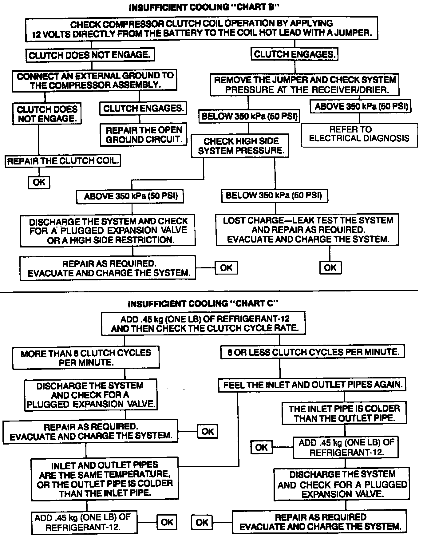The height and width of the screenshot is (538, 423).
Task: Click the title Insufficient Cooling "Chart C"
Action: [203, 304]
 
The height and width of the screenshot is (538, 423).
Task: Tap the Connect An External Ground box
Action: [95, 80]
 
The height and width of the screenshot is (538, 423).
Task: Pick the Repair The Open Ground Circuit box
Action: [144, 135]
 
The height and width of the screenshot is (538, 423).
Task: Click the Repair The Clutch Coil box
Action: [63, 161]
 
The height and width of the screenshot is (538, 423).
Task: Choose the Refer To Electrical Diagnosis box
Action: [359, 134]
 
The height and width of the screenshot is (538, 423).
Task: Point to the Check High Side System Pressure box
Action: [240, 146]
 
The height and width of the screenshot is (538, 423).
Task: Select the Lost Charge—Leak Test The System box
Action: [307, 230]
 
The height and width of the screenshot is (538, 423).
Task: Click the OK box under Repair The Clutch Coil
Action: [39, 182]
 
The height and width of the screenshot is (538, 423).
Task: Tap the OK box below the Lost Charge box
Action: [330, 267]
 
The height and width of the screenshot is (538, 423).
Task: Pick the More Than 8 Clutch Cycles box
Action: [86, 358]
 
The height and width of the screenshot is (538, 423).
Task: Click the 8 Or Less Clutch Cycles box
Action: [312, 352]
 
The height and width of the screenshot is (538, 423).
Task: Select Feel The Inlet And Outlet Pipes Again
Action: [312, 385]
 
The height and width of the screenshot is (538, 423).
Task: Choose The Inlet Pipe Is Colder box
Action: [344, 413]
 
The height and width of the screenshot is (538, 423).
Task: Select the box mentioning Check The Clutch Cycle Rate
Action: [204, 324]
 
